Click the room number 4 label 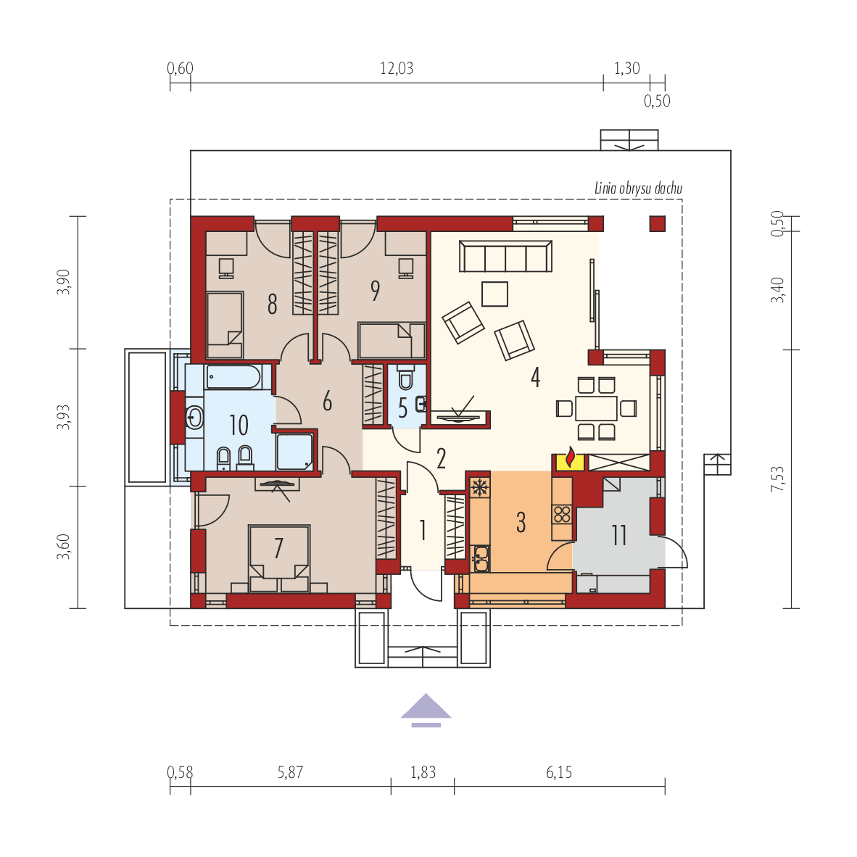tap(535, 377)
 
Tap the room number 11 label tap(618, 536)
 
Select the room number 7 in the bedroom tap(278, 549)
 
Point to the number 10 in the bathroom tap(239, 424)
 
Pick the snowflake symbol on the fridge tap(479, 486)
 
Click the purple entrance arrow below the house tap(426, 709)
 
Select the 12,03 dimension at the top tap(397, 69)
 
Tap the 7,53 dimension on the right tap(778, 479)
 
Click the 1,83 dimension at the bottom tap(423, 772)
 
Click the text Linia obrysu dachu tap(638, 189)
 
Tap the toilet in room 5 tap(405, 379)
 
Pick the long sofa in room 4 tap(505, 257)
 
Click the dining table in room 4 tap(596, 408)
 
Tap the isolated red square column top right tap(657, 223)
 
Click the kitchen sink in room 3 tap(481, 557)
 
